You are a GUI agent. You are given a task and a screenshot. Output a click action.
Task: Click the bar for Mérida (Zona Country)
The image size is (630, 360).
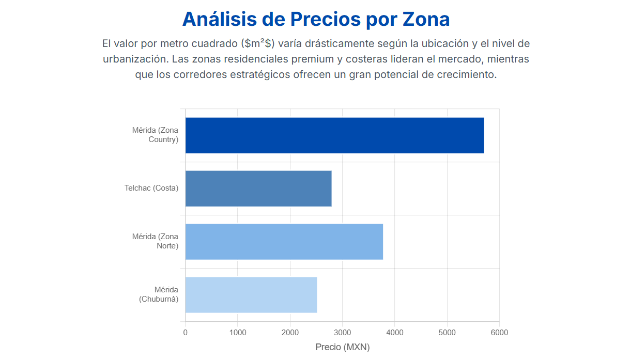click(334, 135)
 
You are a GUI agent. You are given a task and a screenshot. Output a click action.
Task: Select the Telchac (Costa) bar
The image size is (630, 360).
click(258, 189)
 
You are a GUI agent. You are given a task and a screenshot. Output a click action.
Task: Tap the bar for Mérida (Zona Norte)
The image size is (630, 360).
click(284, 242)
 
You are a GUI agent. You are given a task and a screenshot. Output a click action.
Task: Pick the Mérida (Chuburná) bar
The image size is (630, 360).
click(251, 295)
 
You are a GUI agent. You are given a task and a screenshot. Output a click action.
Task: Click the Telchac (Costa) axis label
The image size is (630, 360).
click(151, 188)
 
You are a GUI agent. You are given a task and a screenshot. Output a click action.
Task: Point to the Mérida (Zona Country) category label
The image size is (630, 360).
click(155, 135)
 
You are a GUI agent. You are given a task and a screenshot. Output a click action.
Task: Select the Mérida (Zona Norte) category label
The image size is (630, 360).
click(155, 241)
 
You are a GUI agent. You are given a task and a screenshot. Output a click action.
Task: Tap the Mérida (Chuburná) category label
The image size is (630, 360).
click(159, 294)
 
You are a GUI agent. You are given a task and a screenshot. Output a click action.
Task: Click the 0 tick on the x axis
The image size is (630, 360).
click(186, 333)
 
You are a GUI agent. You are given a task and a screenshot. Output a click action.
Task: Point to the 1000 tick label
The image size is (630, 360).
click(238, 333)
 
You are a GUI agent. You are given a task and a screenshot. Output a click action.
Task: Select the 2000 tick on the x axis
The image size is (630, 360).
click(290, 333)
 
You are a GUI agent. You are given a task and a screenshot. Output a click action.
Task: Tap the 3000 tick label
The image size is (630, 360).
click(342, 333)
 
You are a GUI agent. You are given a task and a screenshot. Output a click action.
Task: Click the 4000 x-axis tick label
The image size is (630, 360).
click(395, 333)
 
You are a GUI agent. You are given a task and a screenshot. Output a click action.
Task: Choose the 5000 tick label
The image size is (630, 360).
click(447, 333)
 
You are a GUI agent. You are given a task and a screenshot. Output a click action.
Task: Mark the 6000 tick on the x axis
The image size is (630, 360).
click(499, 333)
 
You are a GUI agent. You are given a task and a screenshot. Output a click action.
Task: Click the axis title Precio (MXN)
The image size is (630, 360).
click(342, 347)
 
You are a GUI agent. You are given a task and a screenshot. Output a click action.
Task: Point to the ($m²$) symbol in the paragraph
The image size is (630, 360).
click(257, 43)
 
